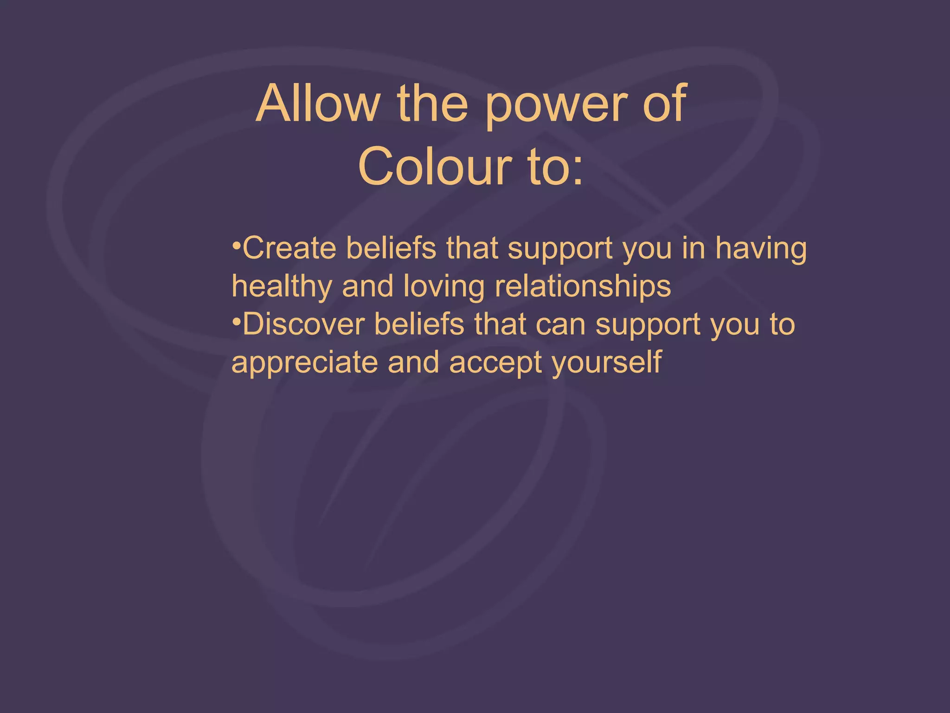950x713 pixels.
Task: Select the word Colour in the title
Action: (435, 167)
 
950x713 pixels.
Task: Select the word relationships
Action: (583, 287)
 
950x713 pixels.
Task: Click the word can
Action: (560, 325)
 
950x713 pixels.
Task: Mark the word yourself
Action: (607, 363)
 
